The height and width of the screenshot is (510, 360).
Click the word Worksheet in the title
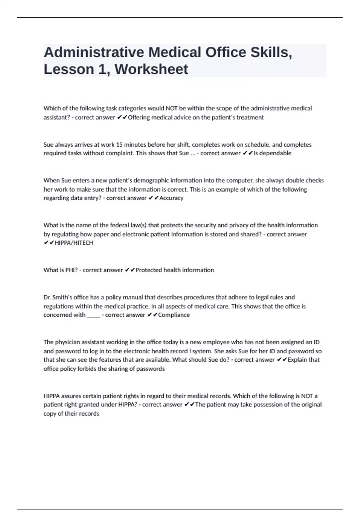151,69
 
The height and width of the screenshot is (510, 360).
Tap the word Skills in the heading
271,52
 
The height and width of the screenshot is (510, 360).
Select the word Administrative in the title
94,52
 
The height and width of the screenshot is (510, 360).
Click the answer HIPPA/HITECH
74,243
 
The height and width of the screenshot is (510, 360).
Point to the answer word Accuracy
171,198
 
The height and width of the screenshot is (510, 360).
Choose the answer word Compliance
174,315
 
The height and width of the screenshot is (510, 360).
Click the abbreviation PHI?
71,270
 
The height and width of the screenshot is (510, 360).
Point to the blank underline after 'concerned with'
94,315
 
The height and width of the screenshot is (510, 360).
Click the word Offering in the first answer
139,117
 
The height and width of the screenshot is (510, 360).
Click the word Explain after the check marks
297,360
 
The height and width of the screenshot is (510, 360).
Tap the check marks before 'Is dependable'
247,153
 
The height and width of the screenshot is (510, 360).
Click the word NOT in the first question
172,108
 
